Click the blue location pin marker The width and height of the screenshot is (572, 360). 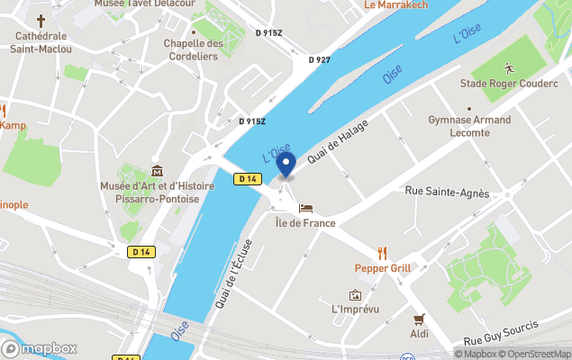[x=286, y=165]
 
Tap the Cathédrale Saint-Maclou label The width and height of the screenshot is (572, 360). [x=41, y=42]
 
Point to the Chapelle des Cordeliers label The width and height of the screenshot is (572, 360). [x=193, y=49]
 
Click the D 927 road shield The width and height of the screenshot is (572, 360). [x=319, y=60]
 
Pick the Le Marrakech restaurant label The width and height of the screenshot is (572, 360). [x=395, y=5]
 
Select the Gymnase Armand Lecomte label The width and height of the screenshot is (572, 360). [x=468, y=126]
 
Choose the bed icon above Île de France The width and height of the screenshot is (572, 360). [x=305, y=208]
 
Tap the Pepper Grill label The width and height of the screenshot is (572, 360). [x=383, y=268]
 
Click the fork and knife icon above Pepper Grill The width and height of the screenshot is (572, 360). [x=383, y=252]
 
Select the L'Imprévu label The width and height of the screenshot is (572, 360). [x=355, y=310]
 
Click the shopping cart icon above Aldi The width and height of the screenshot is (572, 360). [x=419, y=319]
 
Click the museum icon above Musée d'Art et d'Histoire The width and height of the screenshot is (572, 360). [x=158, y=171]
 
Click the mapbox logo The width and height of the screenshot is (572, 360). [x=40, y=348]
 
